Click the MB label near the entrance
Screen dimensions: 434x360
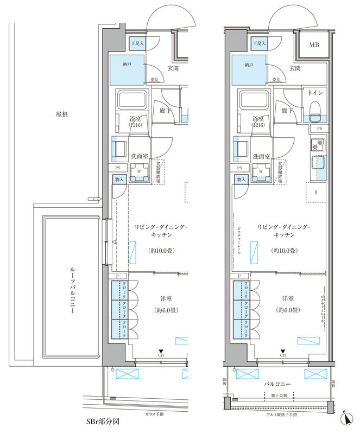pyautogui.click(x=314, y=44)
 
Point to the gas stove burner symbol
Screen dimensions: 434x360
pyautogui.click(x=317, y=144)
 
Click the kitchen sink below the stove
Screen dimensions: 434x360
pyautogui.click(x=317, y=163)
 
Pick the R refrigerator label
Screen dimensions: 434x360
pyautogui.click(x=315, y=191)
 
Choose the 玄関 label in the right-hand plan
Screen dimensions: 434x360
pyautogui.click(x=295, y=68)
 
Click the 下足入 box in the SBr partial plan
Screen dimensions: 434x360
pyautogui.click(x=136, y=43)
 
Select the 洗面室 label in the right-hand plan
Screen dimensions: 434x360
pyautogui.click(x=263, y=156)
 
